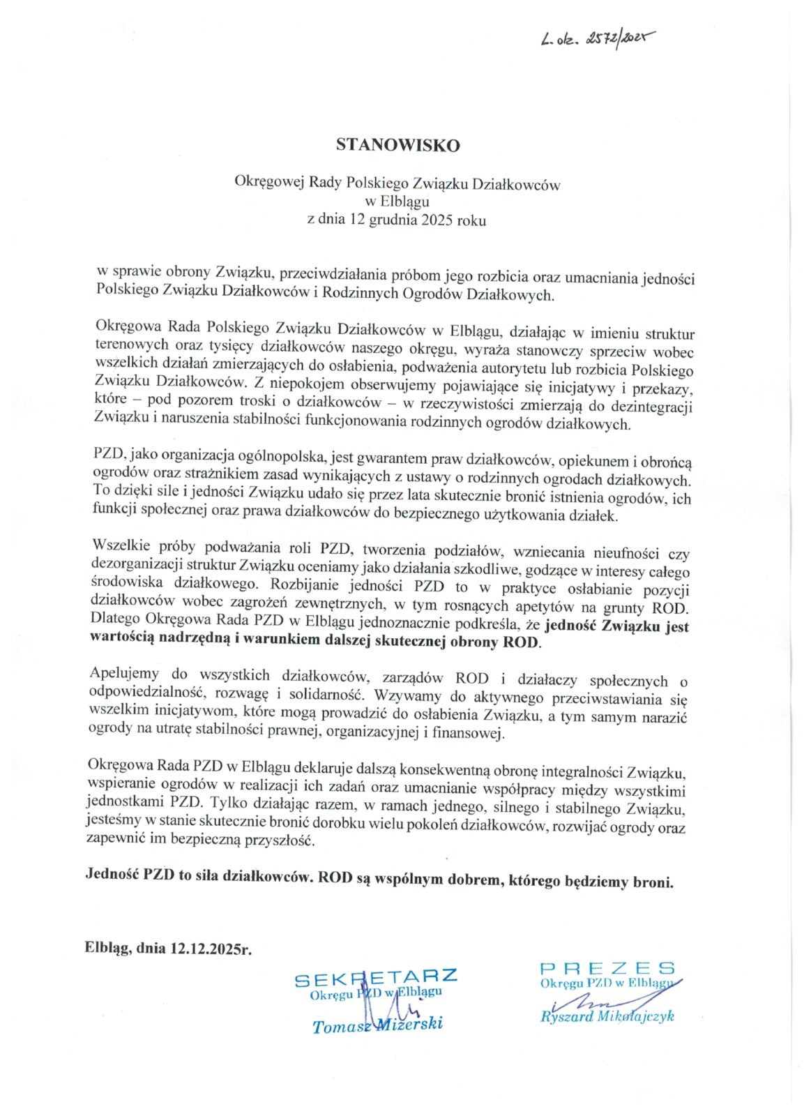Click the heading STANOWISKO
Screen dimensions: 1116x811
[397, 145]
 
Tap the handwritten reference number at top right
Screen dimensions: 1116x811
[598, 39]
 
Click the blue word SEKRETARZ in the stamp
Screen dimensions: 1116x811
[376, 977]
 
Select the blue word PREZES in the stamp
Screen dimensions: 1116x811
[607, 967]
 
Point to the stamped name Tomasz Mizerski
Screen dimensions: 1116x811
[377, 1025]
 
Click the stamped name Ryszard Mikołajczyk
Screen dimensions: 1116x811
[607, 1016]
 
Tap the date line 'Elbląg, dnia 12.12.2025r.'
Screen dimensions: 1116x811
[168, 948]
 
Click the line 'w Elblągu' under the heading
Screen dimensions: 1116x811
[397, 202]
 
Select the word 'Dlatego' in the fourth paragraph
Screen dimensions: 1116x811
[115, 619]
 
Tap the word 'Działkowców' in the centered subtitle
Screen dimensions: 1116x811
[516, 185]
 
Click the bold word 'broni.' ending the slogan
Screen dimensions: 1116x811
[653, 882]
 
